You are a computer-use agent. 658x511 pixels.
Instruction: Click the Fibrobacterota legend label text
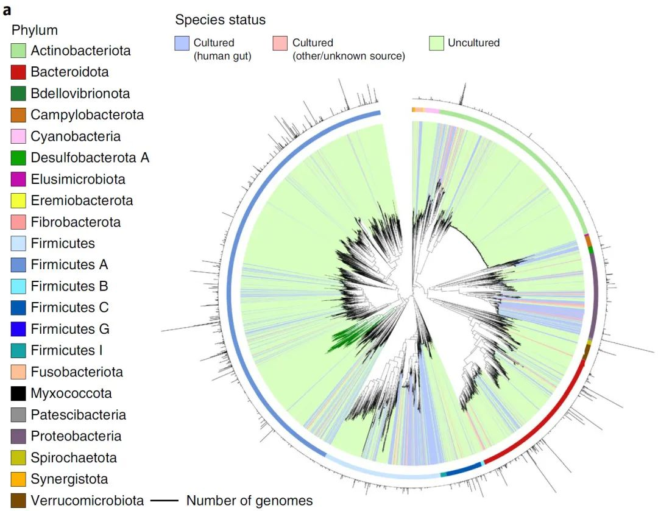pos(76,222)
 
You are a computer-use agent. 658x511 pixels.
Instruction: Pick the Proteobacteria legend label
pos(76,436)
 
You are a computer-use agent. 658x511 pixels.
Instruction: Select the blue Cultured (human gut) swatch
pos(182,43)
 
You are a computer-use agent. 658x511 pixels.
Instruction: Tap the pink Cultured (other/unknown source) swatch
pos(280,43)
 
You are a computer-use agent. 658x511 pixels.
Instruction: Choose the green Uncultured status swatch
pos(436,43)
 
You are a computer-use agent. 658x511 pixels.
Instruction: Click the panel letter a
pos(7,9)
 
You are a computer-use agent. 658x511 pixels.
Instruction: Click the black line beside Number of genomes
pos(164,501)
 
